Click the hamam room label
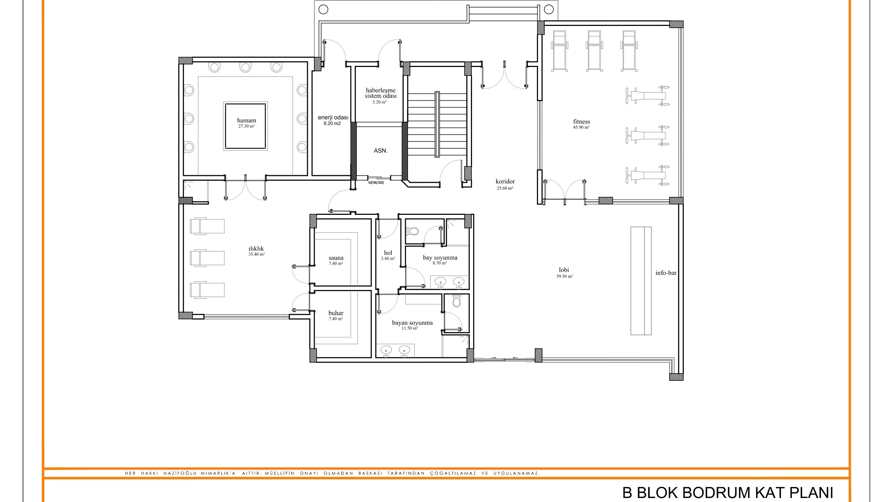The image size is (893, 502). pyautogui.click(x=246, y=121)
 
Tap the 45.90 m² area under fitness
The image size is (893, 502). pyautogui.click(x=581, y=127)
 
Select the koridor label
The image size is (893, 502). pyautogui.click(x=505, y=182)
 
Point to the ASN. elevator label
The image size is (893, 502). pyautogui.click(x=380, y=151)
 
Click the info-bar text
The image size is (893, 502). pyautogui.click(x=666, y=273)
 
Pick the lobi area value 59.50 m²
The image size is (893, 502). pyautogui.click(x=564, y=277)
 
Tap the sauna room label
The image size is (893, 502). pyautogui.click(x=336, y=258)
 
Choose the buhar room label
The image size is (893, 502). pyautogui.click(x=336, y=313)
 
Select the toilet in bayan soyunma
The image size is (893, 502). pyautogui.click(x=457, y=301)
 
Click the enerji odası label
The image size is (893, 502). pyautogui.click(x=333, y=118)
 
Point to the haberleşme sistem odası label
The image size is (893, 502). pyautogui.click(x=380, y=93)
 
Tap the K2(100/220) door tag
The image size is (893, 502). pyautogui.click(x=376, y=183)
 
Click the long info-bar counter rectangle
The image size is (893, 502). pyautogui.click(x=641, y=281)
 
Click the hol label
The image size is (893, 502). pyautogui.click(x=388, y=253)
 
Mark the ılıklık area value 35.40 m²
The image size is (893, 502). pyautogui.click(x=256, y=254)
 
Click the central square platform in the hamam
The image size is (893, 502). pyautogui.click(x=246, y=126)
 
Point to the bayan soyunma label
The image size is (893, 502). pyautogui.click(x=412, y=323)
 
